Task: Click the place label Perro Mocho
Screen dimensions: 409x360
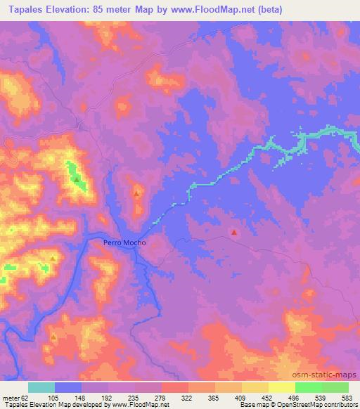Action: click(124, 242)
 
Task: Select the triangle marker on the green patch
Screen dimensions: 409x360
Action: click(76, 180)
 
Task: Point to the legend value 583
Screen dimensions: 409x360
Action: click(349, 397)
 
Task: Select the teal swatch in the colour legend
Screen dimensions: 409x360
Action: click(41, 387)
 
